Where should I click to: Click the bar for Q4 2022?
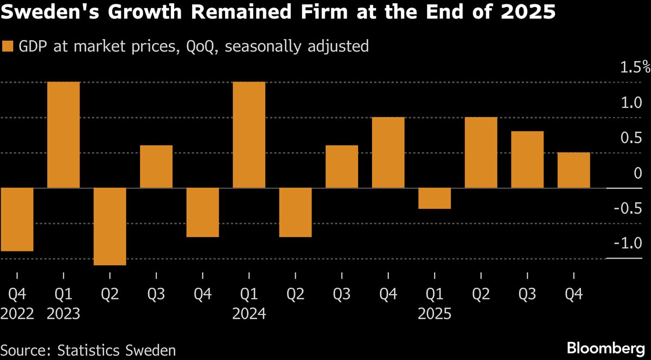[17, 220]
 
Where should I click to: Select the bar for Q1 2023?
[64, 135]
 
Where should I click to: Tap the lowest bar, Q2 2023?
[110, 227]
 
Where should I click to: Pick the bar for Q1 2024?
[249, 135]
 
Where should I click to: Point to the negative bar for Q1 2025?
[435, 198]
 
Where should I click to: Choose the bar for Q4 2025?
[574, 170]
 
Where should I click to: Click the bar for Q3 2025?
[527, 159]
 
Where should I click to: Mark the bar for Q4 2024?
[388, 152]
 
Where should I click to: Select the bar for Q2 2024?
[295, 213]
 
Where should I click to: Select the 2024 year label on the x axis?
[249, 314]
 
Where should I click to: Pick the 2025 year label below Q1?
[435, 314]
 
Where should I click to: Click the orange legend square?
[8, 47]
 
